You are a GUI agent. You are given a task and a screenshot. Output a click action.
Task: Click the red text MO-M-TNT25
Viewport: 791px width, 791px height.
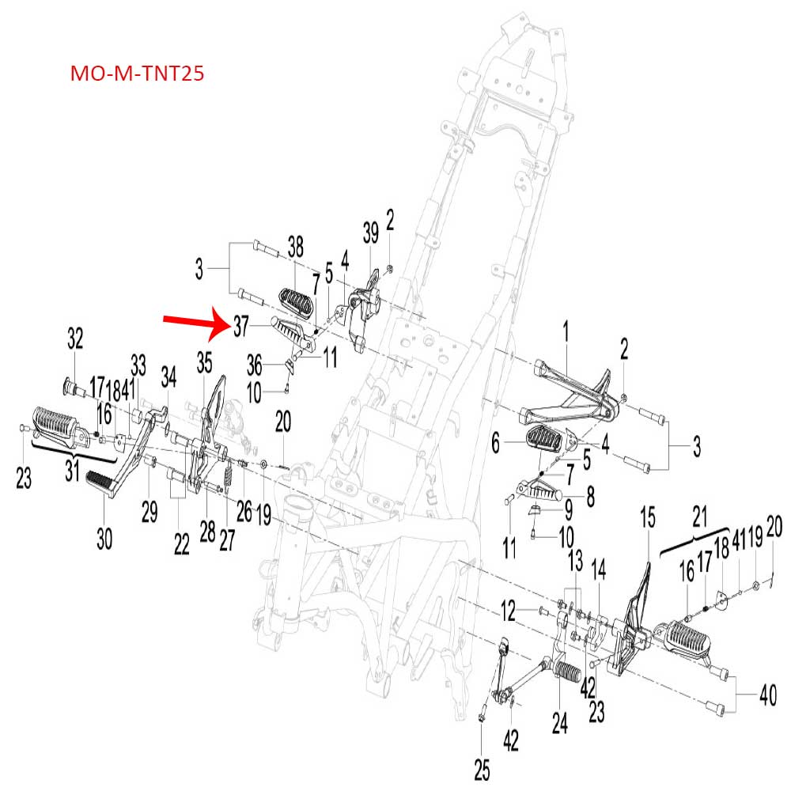(138, 74)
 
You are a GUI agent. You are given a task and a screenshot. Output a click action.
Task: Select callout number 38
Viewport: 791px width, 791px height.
(295, 247)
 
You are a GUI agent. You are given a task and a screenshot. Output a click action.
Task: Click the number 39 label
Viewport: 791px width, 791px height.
(371, 232)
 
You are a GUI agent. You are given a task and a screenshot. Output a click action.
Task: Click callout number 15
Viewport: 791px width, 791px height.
(648, 519)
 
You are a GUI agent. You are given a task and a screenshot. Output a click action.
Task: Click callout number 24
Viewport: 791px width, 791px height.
(560, 725)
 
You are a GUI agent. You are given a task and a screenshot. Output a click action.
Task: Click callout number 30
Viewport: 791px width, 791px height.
(104, 539)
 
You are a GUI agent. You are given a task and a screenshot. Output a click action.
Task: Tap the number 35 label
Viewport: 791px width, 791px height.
(205, 362)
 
